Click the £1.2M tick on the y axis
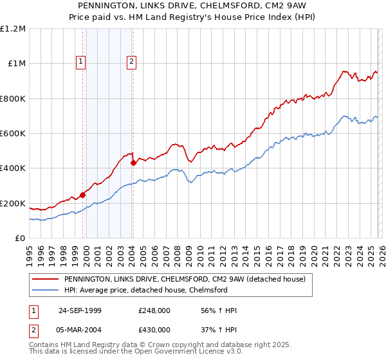14,29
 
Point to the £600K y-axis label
14,134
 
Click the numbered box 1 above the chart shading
81,62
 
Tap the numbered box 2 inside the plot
131,62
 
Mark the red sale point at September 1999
83,195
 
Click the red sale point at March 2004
133,163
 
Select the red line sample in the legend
45,279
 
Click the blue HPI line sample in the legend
45,290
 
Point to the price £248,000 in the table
154,310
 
